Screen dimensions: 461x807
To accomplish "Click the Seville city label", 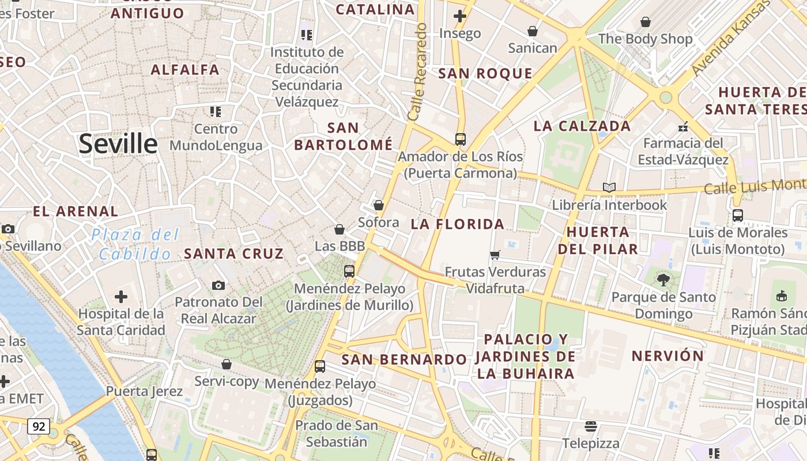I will pyautogui.click(x=118, y=143).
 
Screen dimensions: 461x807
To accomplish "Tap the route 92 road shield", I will pyautogui.click(x=39, y=427).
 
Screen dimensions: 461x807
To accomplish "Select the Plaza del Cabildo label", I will pyautogui.click(x=135, y=244).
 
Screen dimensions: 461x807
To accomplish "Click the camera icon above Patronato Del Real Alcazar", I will pyautogui.click(x=218, y=285).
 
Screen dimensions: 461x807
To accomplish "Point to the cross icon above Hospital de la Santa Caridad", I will pyautogui.click(x=121, y=297).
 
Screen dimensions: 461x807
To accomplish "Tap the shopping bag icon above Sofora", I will pyautogui.click(x=379, y=205).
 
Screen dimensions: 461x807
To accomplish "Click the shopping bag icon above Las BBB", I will pyautogui.click(x=340, y=229).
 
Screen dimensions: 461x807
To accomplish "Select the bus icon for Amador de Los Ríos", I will pyautogui.click(x=460, y=139).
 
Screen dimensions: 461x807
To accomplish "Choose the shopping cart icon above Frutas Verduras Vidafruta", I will pyautogui.click(x=495, y=255).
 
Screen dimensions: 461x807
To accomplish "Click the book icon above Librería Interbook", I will pyautogui.click(x=609, y=187).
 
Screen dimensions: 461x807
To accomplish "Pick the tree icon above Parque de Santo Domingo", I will pyautogui.click(x=663, y=280).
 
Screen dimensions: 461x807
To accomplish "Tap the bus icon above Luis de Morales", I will pyautogui.click(x=738, y=216).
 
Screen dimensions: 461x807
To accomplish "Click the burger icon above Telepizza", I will pyautogui.click(x=591, y=426).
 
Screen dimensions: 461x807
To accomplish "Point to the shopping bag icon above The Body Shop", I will pyautogui.click(x=646, y=22).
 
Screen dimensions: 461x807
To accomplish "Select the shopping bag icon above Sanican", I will pyautogui.click(x=533, y=31).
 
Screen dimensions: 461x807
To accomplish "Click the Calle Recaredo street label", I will pyautogui.click(x=417, y=72).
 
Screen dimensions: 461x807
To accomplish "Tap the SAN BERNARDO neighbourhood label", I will pyautogui.click(x=404, y=360).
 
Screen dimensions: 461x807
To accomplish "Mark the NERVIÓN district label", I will pyautogui.click(x=668, y=356).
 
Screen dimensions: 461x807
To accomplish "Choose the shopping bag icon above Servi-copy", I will pyautogui.click(x=227, y=364).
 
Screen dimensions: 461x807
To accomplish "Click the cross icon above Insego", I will pyautogui.click(x=459, y=16).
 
